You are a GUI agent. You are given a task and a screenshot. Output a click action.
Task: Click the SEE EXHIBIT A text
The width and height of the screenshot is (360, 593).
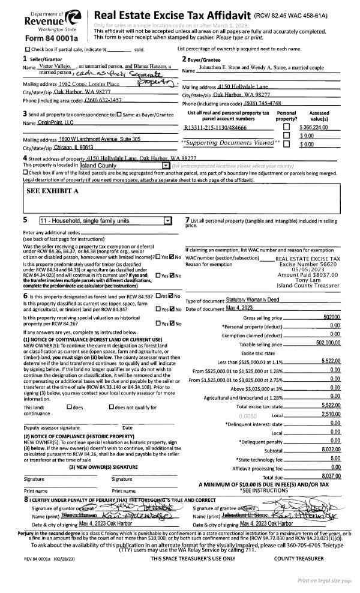pyautogui.click(x=53, y=190)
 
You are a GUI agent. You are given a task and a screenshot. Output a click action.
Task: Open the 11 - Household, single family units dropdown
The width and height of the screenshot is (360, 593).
pyautogui.click(x=106, y=221)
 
